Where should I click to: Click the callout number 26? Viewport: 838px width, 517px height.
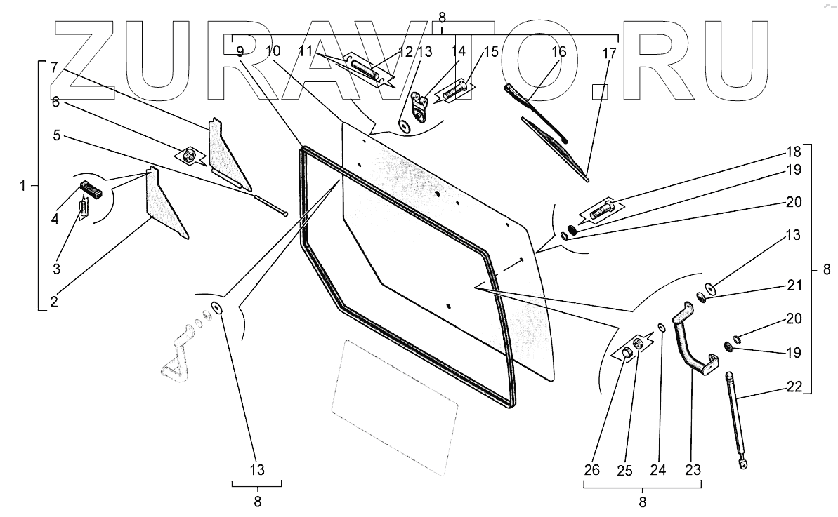coord(591,470)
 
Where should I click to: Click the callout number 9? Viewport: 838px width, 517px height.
coord(240,51)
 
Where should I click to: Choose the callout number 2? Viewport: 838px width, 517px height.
coord(53,302)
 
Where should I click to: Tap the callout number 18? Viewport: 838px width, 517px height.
coord(793,152)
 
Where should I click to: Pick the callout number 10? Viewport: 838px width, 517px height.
coord(273,51)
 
